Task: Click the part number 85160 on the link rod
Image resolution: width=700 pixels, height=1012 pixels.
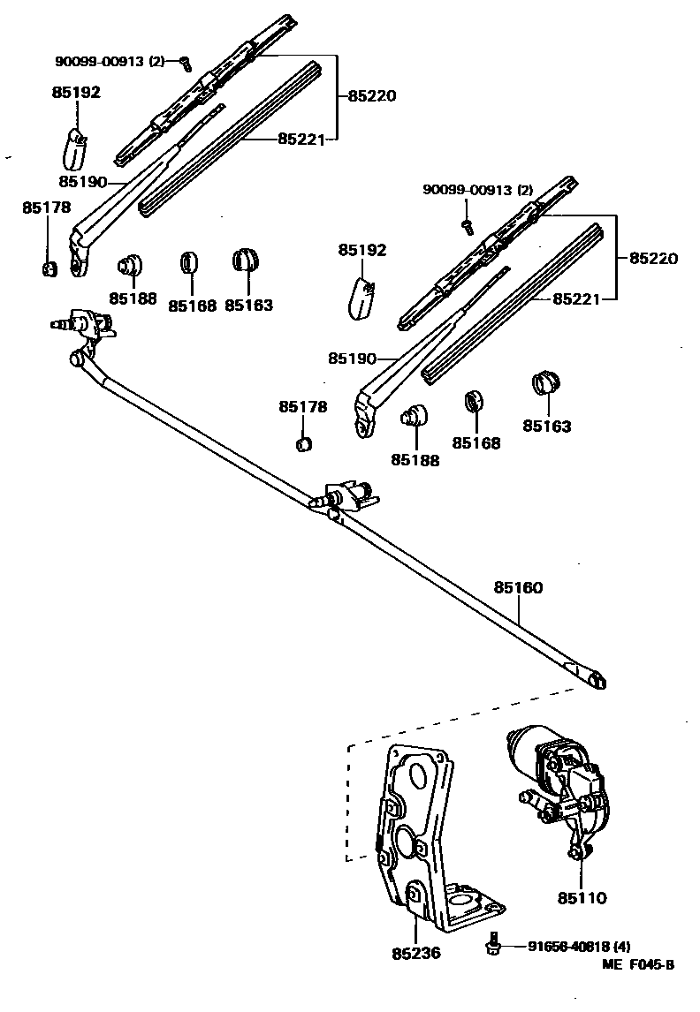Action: (518, 587)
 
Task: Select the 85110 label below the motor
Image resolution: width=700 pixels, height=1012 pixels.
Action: (582, 898)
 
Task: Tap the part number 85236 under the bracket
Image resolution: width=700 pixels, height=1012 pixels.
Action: (415, 954)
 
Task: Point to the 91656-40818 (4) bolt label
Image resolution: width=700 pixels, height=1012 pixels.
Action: (579, 946)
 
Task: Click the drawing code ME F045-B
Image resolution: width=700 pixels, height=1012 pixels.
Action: (637, 965)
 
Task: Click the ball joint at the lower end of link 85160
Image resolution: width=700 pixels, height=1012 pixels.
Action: (597, 679)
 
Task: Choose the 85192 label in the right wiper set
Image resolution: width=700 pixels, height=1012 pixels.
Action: (362, 250)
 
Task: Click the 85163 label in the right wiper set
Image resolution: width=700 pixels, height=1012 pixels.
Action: (546, 426)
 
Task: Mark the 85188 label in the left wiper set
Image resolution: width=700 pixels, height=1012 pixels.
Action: (133, 298)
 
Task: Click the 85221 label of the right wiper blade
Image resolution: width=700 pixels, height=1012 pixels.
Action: (577, 299)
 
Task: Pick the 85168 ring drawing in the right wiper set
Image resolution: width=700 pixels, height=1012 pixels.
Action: (475, 400)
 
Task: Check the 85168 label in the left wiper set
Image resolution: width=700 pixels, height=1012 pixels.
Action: (192, 306)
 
